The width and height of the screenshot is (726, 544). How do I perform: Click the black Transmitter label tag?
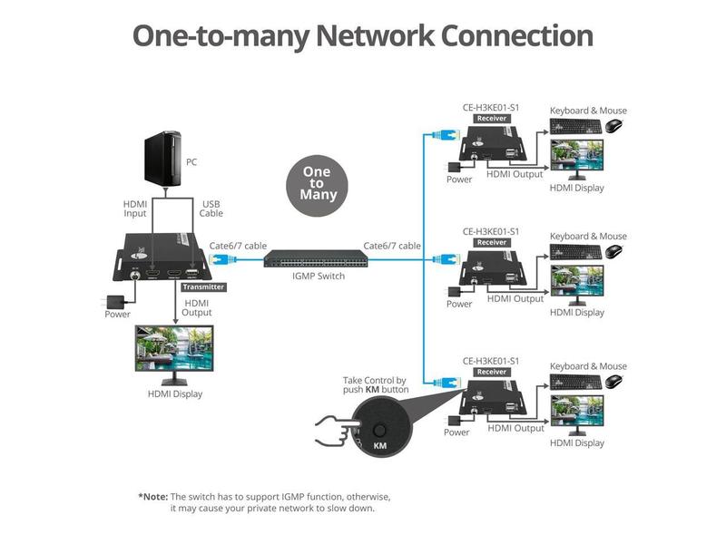(x=203, y=287)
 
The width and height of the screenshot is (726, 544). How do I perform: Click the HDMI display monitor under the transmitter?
(x=173, y=354)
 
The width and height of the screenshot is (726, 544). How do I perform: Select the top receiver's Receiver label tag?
(x=491, y=119)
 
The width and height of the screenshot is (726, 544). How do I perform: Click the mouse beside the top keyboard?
(x=615, y=125)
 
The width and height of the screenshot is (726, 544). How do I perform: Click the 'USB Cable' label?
(x=211, y=209)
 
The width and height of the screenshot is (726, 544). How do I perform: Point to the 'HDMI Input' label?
(x=135, y=209)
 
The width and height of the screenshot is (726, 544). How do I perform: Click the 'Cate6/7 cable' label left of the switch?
(x=238, y=246)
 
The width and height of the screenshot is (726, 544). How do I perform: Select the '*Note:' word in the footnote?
(x=152, y=497)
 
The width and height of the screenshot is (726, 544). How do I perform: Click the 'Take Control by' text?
(x=374, y=380)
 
